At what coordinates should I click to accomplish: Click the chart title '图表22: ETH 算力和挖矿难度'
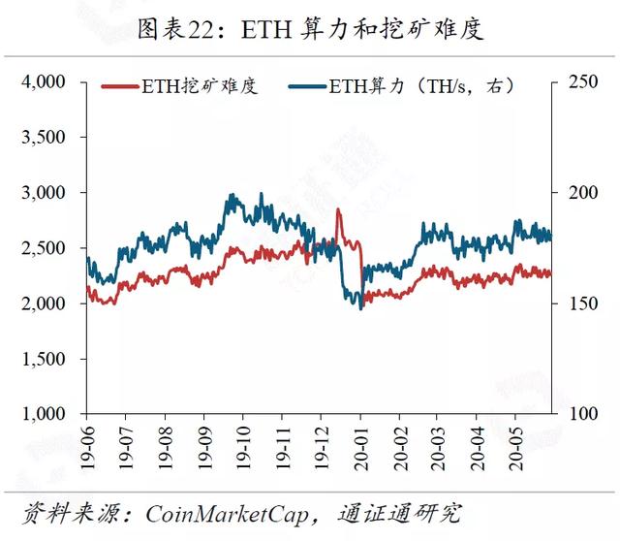[311, 28]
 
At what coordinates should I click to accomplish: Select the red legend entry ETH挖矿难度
[179, 86]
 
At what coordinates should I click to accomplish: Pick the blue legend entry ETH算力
[401, 86]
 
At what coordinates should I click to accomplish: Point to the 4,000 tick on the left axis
[44, 81]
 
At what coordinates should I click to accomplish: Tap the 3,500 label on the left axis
[44, 138]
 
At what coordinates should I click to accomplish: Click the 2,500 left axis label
[44, 248]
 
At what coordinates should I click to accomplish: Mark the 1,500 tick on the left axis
[44, 359]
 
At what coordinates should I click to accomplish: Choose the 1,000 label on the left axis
[44, 414]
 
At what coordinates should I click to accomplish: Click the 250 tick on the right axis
[583, 81]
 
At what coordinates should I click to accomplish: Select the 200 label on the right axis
[583, 193]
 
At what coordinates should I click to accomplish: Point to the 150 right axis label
[583, 303]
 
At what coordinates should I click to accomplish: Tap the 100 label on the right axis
[583, 414]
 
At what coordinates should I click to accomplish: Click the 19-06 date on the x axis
[88, 448]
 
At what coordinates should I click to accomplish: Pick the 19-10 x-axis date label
[243, 448]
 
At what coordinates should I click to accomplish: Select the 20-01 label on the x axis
[361, 448]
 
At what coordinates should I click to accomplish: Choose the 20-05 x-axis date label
[516, 448]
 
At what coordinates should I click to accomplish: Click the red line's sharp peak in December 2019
[338, 209]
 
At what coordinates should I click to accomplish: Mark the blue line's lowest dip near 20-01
[360, 308]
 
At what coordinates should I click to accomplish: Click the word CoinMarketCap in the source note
[227, 515]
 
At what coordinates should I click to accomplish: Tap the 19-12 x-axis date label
[323, 448]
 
